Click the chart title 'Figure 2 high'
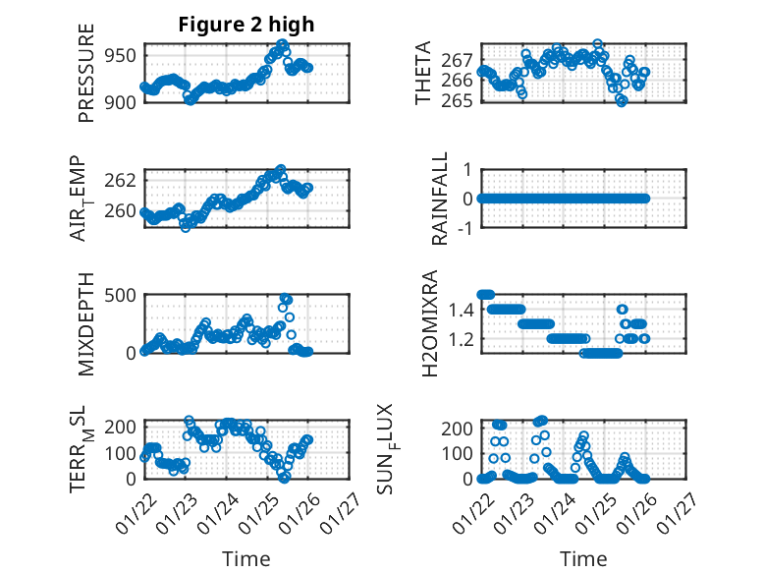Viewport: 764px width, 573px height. tap(246, 25)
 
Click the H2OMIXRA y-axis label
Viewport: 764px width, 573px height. tap(429, 323)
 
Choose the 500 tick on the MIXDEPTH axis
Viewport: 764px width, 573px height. tap(123, 295)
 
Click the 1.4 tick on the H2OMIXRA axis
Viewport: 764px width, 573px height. tap(462, 311)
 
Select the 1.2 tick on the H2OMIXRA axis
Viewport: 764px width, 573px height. tap(462, 339)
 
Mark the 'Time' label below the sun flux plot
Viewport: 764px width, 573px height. tap(583, 558)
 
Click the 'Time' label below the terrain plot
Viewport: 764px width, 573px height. tap(246, 558)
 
